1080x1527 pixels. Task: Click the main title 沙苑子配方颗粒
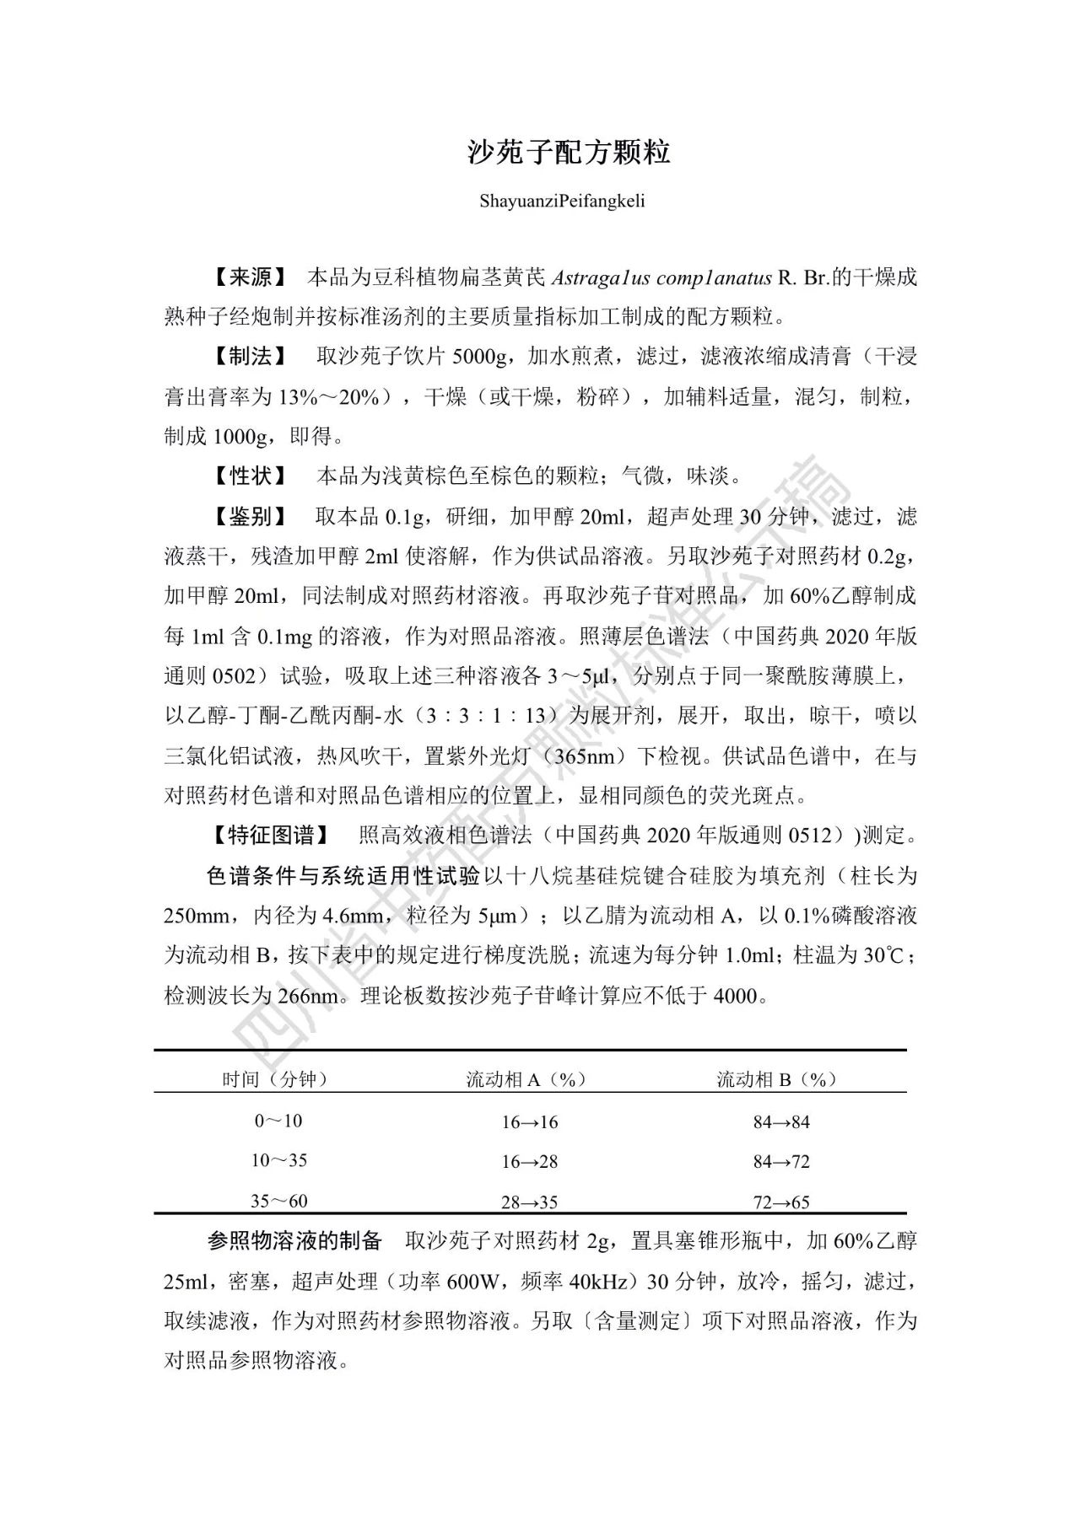click(570, 152)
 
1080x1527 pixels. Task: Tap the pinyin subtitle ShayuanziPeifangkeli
click(562, 202)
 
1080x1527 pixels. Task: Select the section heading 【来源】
click(250, 277)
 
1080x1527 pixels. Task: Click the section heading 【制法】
click(250, 357)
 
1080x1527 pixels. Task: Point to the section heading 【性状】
click(250, 476)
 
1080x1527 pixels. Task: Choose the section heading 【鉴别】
click(250, 516)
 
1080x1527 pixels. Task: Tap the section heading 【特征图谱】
click(271, 836)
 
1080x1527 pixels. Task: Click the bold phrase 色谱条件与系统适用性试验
click(343, 876)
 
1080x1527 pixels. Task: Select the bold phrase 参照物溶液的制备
click(294, 1240)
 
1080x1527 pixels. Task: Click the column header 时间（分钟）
click(275, 1079)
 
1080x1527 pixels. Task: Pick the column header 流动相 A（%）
click(526, 1079)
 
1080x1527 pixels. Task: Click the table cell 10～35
click(278, 1161)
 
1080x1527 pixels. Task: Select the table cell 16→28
click(529, 1162)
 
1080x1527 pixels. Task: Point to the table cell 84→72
click(780, 1162)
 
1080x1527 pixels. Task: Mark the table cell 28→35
click(529, 1202)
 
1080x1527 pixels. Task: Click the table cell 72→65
click(780, 1202)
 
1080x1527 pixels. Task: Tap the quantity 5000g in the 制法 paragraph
click(478, 357)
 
